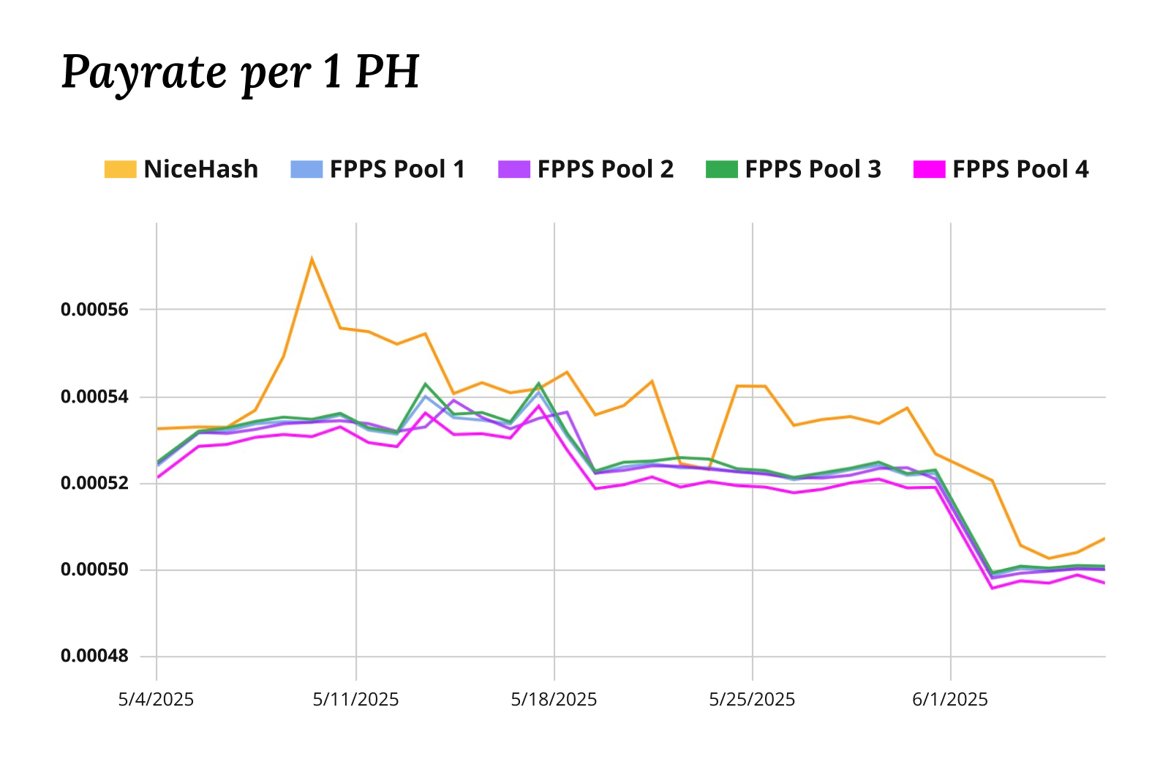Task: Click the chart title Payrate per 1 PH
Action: click(x=240, y=72)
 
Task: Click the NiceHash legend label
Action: click(x=200, y=169)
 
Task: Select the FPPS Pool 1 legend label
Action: click(x=397, y=169)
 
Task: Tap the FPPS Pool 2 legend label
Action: click(x=605, y=169)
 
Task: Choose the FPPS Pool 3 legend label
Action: click(x=813, y=169)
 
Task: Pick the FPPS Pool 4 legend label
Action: click(x=1020, y=169)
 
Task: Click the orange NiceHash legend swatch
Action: click(x=120, y=169)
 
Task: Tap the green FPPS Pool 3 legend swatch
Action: click(x=721, y=169)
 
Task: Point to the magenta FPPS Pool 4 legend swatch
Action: click(x=929, y=169)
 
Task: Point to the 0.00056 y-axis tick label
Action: click(x=94, y=310)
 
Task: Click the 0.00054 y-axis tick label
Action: click(x=94, y=397)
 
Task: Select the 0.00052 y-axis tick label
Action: click(x=94, y=483)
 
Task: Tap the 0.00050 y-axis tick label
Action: click(x=94, y=569)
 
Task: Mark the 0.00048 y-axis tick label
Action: click(x=94, y=656)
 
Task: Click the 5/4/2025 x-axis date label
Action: click(x=156, y=700)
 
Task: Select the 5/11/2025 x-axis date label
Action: click(x=355, y=700)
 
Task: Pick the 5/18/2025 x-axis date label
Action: click(x=554, y=700)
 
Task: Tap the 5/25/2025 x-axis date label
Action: click(x=752, y=700)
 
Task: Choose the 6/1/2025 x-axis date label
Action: click(x=949, y=700)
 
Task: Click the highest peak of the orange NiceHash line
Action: click(x=312, y=259)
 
